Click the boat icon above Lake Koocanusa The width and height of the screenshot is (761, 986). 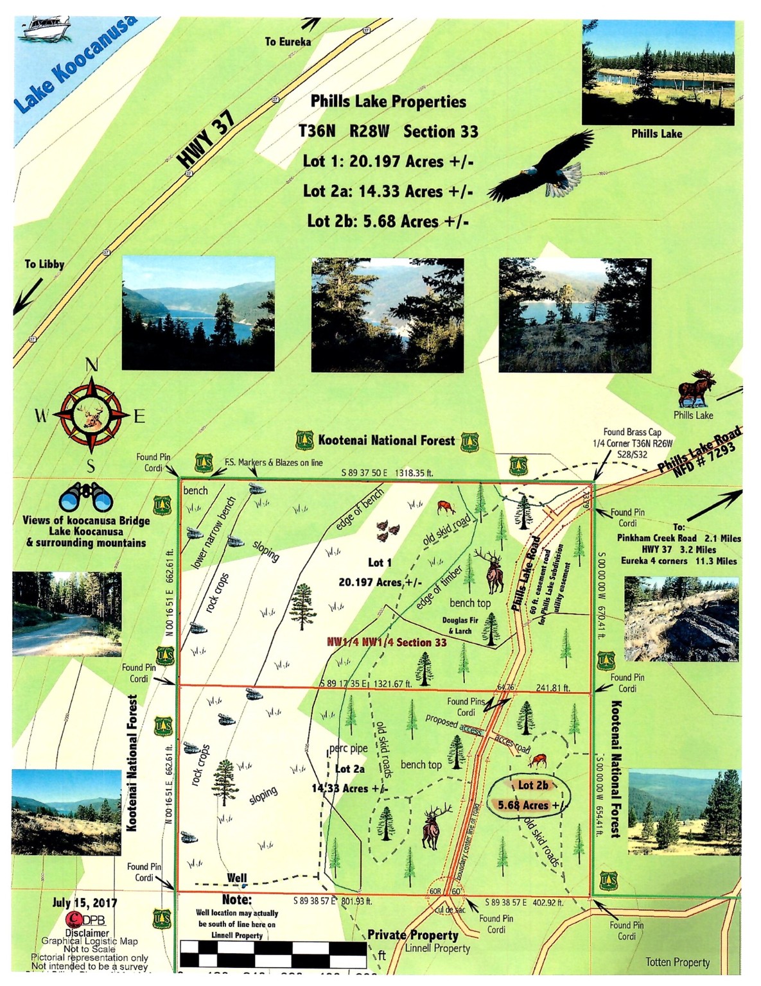tap(46, 28)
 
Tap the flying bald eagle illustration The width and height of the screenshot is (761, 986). tap(543, 168)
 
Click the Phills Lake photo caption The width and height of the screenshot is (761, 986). tap(656, 134)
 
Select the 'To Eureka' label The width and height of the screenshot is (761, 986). tap(288, 42)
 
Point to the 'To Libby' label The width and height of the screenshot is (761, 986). tap(44, 264)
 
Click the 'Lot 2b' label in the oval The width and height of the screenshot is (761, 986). tap(533, 784)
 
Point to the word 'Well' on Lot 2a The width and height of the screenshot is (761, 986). tap(236, 878)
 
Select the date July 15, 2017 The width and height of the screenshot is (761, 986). tap(85, 903)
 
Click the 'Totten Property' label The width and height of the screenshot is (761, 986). tap(678, 962)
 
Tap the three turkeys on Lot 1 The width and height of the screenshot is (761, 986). tap(387, 530)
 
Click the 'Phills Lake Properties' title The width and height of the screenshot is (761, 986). tap(388, 101)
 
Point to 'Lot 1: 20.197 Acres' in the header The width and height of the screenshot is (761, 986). tap(388, 160)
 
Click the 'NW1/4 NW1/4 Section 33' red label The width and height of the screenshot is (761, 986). tap(386, 642)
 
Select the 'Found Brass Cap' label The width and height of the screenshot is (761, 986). tap(632, 432)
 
